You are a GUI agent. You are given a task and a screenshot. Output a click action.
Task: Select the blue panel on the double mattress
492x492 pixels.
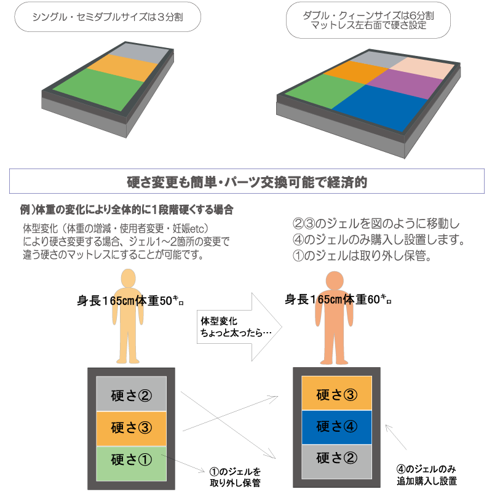379,107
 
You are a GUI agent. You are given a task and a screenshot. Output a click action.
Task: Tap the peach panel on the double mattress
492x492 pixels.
423,68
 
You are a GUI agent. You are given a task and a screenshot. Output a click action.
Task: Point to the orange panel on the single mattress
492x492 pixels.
122,68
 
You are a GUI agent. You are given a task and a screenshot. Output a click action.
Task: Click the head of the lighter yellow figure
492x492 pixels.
128,279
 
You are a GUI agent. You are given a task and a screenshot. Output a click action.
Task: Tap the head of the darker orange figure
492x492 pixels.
335,280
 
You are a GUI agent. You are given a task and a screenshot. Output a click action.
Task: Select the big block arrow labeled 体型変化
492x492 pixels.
239,327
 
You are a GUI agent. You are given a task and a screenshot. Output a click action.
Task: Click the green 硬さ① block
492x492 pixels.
131,464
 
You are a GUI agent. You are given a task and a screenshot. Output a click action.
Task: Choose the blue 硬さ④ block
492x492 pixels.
336,427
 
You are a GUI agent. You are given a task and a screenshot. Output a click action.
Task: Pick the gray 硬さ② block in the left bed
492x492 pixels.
131,394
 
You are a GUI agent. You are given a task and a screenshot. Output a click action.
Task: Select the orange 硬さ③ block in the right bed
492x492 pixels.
336,393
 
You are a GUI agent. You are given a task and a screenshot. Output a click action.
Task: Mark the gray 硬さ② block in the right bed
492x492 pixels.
336,461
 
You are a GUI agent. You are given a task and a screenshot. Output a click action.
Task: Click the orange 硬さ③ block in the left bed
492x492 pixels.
131,429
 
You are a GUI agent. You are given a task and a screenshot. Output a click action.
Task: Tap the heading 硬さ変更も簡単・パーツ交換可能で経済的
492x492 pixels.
247,182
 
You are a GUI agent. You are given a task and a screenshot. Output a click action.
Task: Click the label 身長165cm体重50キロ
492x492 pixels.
130,301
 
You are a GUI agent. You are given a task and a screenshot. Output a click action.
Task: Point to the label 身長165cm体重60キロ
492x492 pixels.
338,300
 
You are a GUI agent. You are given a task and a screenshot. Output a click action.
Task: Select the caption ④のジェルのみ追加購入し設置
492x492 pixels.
426,475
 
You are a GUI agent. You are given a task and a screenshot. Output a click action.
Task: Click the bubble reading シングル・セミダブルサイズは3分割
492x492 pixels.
108,17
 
